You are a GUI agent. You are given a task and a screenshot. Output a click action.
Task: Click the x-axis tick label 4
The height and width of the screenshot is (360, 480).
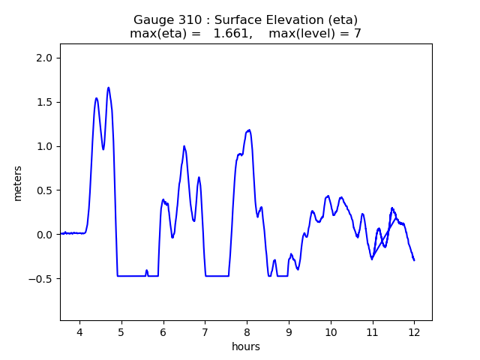pyautogui.click(x=79, y=332)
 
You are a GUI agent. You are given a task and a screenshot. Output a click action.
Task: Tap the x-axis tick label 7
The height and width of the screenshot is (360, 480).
pyautogui.click(x=205, y=332)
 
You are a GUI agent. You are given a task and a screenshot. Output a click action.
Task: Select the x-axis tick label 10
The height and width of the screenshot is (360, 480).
pyautogui.click(x=330, y=332)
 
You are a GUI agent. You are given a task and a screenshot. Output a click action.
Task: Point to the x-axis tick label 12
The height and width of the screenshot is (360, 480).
pyautogui.click(x=414, y=332)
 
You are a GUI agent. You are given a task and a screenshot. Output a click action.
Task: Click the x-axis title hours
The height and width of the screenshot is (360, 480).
pyautogui.click(x=246, y=346)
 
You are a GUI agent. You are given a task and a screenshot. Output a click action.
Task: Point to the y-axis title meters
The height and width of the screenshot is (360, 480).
pyautogui.click(x=18, y=182)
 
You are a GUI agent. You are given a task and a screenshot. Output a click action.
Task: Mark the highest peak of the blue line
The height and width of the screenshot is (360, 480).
pyautogui.click(x=109, y=88)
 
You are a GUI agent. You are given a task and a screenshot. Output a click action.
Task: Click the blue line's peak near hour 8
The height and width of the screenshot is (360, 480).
pyautogui.click(x=249, y=130)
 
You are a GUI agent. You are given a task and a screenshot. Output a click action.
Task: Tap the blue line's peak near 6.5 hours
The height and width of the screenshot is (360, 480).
pyautogui.click(x=184, y=146)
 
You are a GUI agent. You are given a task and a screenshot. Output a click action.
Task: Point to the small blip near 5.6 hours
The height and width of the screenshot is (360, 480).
pyautogui.click(x=146, y=271)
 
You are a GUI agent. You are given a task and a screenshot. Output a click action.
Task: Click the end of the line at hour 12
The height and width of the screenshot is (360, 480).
pyautogui.click(x=414, y=260)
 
